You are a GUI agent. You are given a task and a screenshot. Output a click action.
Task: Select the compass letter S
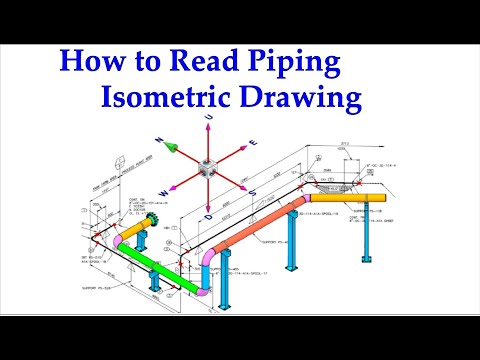(254, 193)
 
